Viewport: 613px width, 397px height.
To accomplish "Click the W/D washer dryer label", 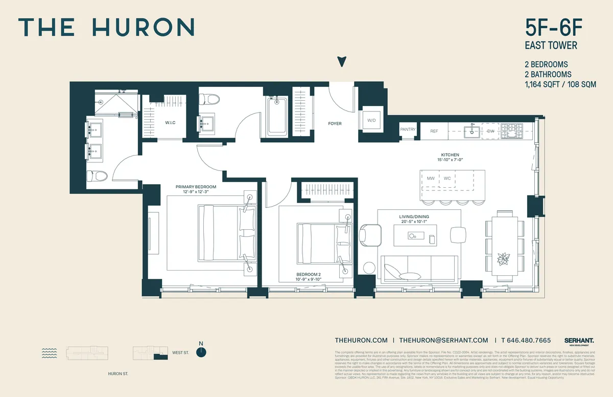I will [371, 120].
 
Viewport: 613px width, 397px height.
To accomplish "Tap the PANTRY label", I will [408, 130].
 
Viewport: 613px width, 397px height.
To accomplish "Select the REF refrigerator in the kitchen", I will [434, 131].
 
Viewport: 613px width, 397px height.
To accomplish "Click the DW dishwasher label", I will [490, 131].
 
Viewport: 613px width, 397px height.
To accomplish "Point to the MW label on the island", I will [431, 179].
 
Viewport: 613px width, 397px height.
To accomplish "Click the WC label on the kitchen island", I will [447, 179].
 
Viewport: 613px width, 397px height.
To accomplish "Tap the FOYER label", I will [335, 124].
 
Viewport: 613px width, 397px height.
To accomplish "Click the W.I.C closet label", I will [170, 123].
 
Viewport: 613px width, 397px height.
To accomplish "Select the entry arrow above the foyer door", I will [342, 62].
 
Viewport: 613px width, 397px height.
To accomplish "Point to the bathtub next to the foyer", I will [277, 116].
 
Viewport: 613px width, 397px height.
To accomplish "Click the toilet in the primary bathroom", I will [98, 177].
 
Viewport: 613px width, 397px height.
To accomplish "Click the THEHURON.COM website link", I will [361, 340].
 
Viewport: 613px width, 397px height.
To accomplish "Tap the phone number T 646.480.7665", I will [526, 340].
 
